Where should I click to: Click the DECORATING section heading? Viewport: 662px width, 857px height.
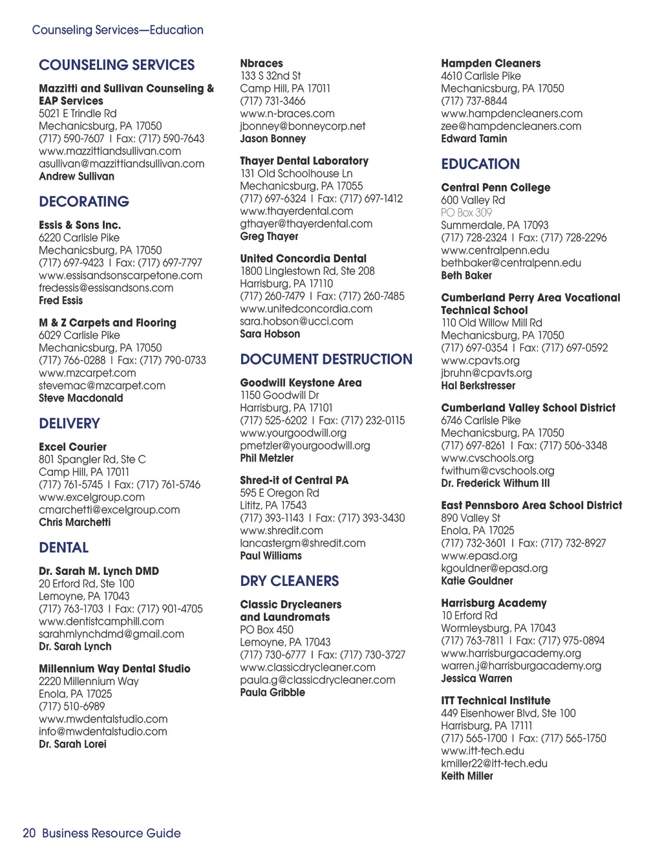[x=84, y=202]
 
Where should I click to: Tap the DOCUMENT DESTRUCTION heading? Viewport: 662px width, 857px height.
[x=326, y=360]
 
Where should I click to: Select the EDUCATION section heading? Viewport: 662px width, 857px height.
[x=480, y=164]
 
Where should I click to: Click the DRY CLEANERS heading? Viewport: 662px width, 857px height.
[x=289, y=581]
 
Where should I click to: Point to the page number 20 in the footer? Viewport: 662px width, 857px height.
[x=29, y=833]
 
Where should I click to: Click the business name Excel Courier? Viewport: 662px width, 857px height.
[x=72, y=447]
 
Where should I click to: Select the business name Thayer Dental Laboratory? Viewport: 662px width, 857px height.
[x=304, y=161]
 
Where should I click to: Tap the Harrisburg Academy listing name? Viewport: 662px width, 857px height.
[x=493, y=603]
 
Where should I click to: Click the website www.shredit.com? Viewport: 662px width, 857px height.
[x=281, y=530]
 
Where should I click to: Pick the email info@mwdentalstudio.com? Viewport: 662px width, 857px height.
[x=103, y=732]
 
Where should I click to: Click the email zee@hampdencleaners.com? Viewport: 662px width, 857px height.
[x=511, y=126]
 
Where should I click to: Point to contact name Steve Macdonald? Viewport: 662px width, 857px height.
[x=81, y=398]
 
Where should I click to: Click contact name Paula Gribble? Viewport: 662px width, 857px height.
[x=272, y=693]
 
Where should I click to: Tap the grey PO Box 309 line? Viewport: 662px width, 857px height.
[x=466, y=213]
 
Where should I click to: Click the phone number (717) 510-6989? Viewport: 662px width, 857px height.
[x=71, y=706]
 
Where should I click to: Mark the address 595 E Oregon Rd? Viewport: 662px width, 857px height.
[x=279, y=493]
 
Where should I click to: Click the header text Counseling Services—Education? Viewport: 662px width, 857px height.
[x=118, y=30]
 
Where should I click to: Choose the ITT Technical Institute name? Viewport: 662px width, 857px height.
[x=495, y=700]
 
